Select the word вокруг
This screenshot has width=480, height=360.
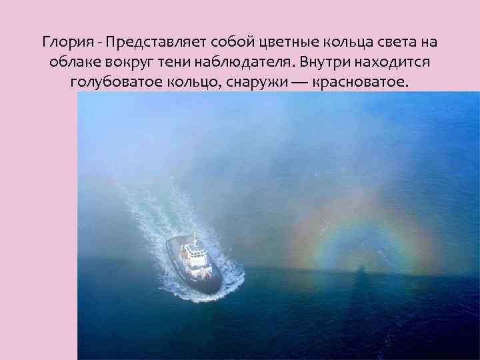[127, 63]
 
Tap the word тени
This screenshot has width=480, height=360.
[171, 63]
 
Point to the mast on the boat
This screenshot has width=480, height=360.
[195, 239]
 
